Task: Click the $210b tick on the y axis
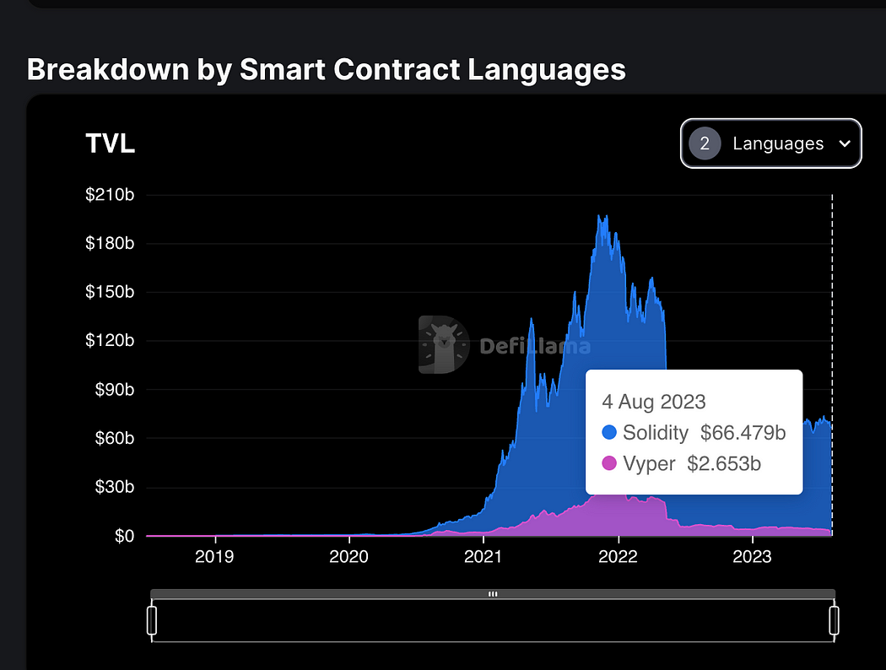click(x=110, y=195)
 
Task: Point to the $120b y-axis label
click(x=110, y=341)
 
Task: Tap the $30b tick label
click(x=113, y=488)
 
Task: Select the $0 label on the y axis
click(x=124, y=537)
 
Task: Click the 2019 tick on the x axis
click(x=214, y=557)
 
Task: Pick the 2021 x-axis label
click(x=484, y=557)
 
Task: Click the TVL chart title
click(x=111, y=143)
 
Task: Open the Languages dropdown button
click(x=770, y=143)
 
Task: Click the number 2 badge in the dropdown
click(x=705, y=143)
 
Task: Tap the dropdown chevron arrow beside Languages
click(x=845, y=143)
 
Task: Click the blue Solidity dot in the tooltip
click(x=609, y=433)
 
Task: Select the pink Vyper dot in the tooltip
click(x=609, y=464)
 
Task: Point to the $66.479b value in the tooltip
click(x=743, y=433)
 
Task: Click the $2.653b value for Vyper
click(x=731, y=464)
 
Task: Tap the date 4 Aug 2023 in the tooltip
click(x=654, y=402)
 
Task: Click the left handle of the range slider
click(x=153, y=619)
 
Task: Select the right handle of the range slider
click(x=835, y=619)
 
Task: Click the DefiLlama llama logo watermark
click(x=443, y=344)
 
